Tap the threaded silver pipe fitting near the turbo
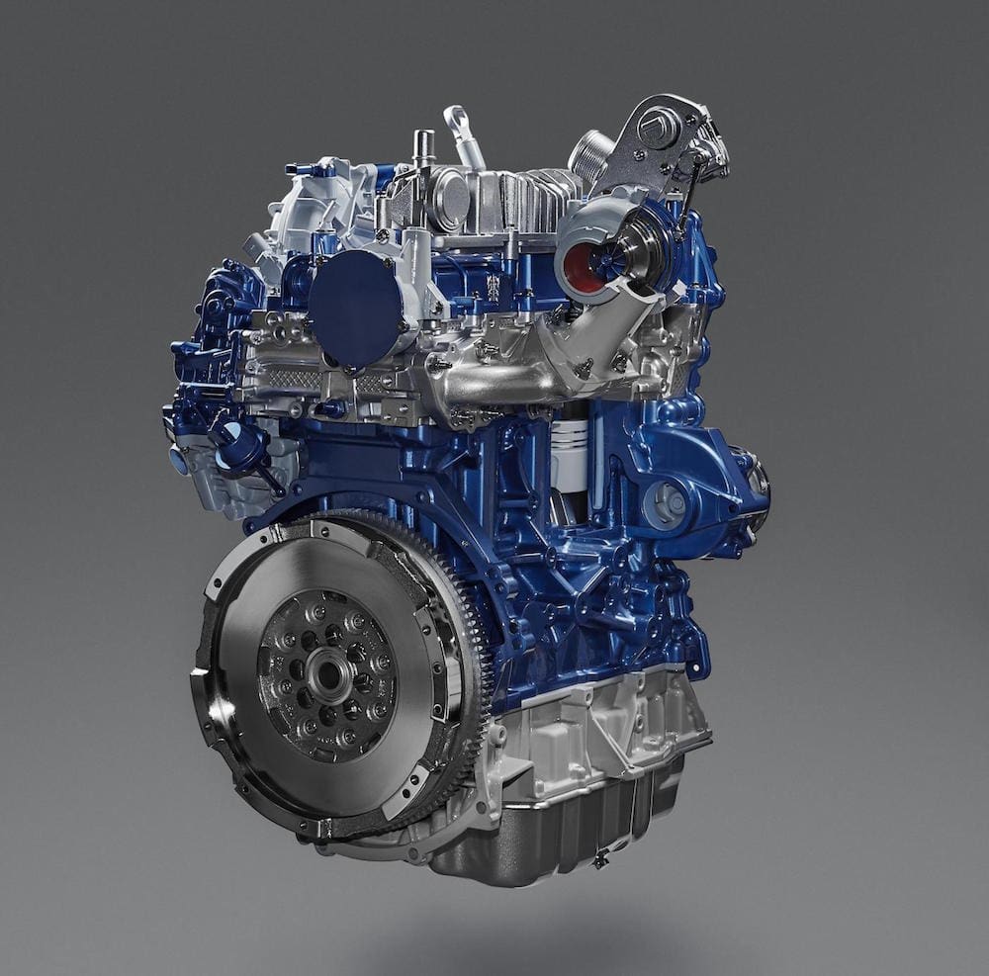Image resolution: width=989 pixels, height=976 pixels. click(590, 155)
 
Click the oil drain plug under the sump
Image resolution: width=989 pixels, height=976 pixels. click(599, 860)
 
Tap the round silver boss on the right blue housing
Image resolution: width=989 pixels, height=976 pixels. click(670, 502)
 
